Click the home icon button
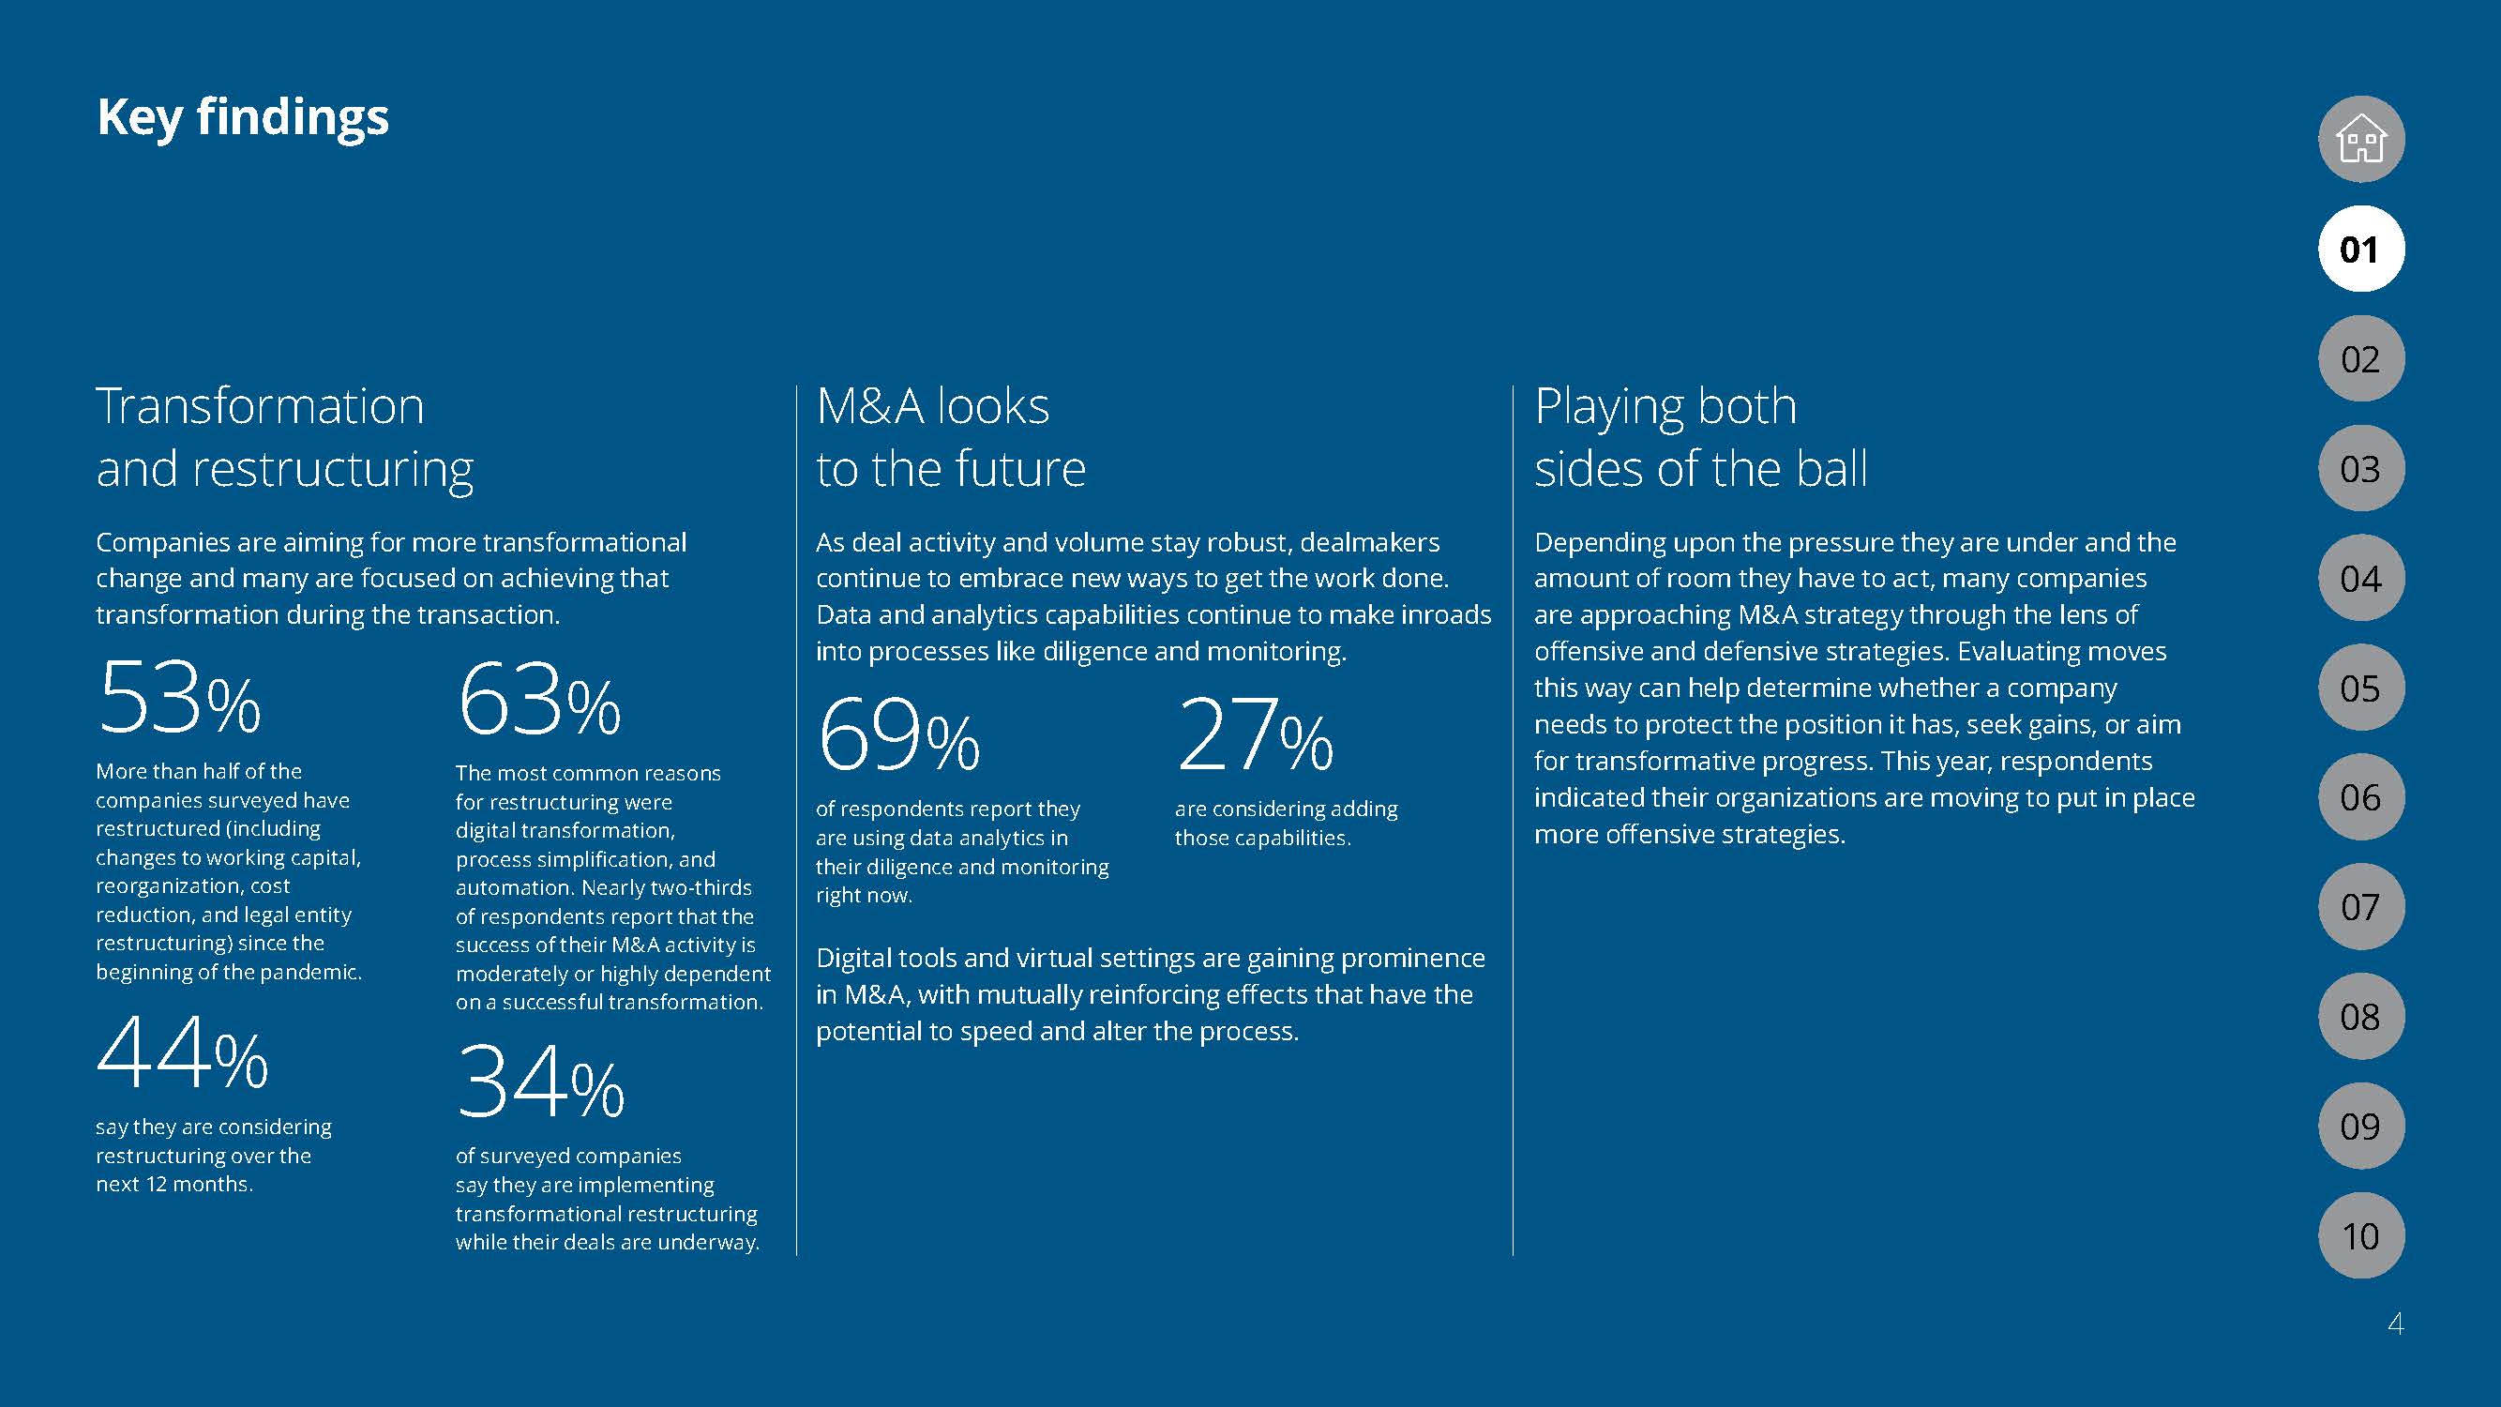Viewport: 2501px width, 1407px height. click(2361, 139)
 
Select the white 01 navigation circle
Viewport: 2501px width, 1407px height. click(2361, 250)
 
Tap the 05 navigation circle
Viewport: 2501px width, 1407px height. click(2361, 688)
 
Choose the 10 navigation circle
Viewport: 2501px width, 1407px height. click(2361, 1235)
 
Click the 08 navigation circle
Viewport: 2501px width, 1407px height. click(2361, 1017)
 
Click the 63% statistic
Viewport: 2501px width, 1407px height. click(539, 699)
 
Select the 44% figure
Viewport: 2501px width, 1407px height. click(183, 1053)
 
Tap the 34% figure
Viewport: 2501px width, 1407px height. click(540, 1082)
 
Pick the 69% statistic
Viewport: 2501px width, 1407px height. click(898, 735)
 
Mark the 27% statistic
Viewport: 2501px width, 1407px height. click(1255, 735)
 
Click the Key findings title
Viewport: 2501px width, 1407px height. click(243, 117)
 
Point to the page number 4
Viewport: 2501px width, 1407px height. click(2395, 1324)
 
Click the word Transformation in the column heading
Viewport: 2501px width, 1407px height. click(260, 406)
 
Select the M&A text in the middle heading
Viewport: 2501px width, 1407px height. click(869, 406)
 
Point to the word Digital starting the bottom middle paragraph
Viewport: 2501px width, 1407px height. click(851, 959)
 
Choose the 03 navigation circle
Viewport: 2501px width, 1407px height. click(2361, 469)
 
